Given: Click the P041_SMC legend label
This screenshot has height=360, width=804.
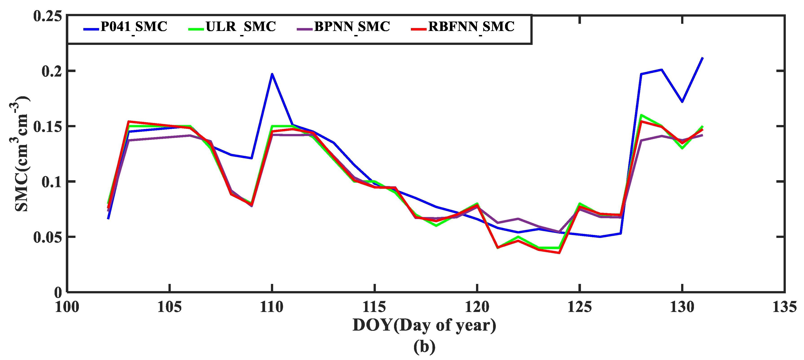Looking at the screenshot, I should tap(134, 27).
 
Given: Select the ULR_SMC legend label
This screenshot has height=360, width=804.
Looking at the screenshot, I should tap(241, 27).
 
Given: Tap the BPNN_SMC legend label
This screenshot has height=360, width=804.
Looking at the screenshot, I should tap(352, 27).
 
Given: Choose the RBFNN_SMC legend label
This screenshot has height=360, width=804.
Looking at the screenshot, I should tap(471, 27).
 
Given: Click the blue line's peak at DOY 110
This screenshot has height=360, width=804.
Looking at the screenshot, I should tap(272, 74).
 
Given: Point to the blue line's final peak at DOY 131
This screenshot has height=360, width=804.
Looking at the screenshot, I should tap(702, 58).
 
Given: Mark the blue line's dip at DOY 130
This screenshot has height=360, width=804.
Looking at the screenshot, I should tap(682, 102).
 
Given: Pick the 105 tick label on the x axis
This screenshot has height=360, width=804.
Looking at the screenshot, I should tap(169, 307).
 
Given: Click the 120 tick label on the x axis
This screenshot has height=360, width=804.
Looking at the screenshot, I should tap(477, 307).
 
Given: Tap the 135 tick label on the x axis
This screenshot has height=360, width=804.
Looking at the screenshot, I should tap(784, 307).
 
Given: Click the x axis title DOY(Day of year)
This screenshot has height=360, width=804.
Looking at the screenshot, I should tap(424, 325).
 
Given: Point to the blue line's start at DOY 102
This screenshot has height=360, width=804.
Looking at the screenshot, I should tap(108, 218).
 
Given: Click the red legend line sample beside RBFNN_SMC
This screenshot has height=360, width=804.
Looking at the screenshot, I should tap(419, 29).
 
